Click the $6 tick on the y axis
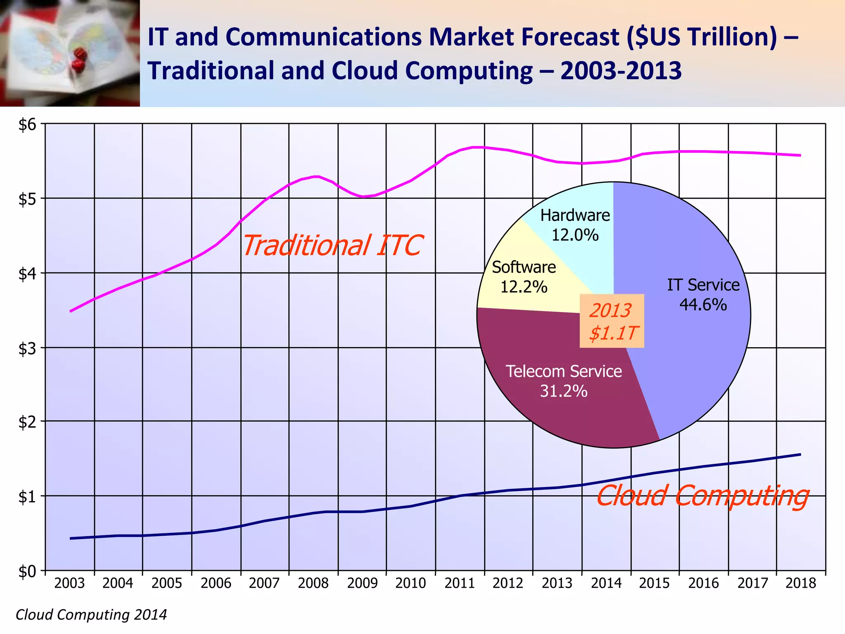click(27, 124)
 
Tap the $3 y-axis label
click(27, 349)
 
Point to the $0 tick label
click(27, 572)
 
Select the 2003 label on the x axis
click(69, 583)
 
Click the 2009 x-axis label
click(362, 583)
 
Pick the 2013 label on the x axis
click(557, 583)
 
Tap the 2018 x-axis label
click(801, 583)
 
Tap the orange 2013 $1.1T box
click(612, 321)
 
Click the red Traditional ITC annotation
click(332, 245)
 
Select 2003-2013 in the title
click(621, 71)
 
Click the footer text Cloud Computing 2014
click(91, 615)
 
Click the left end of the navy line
click(71, 538)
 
